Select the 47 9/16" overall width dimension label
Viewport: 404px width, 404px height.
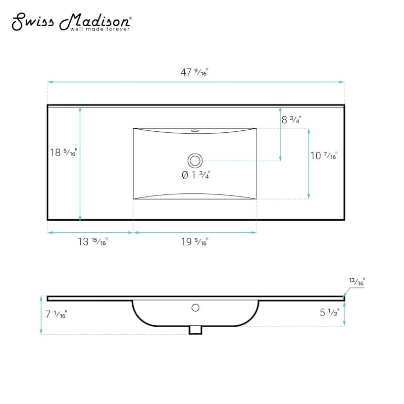pos(194,72)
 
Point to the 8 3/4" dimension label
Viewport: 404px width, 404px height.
pos(291,120)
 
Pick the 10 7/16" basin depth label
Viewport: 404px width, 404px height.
pos(324,156)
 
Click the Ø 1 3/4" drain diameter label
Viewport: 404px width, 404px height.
pos(195,175)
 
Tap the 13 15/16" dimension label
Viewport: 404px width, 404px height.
pos(92,241)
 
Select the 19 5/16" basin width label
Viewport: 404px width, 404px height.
pos(194,241)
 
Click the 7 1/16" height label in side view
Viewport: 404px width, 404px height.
pos(56,315)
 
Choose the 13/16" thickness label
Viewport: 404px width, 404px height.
pos(357,282)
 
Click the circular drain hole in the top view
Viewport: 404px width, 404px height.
pos(195,161)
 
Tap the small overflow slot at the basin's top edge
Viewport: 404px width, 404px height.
pos(195,130)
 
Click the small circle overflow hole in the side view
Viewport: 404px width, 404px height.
pos(196,307)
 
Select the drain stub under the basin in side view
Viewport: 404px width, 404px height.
pos(195,329)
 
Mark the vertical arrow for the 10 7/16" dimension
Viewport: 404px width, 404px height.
pos(309,163)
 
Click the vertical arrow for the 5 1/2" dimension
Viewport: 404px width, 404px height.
pos(344,314)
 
